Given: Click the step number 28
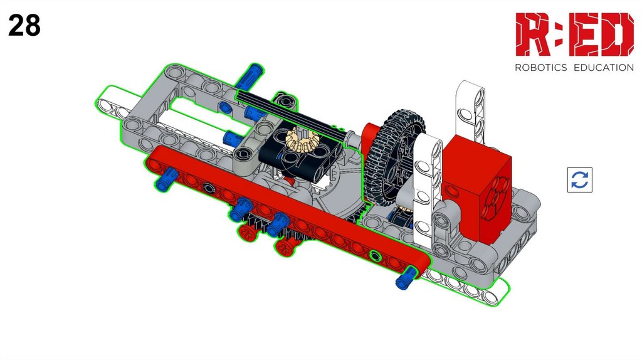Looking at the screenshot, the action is pyautogui.click(x=24, y=25).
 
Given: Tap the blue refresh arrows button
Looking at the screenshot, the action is pyautogui.click(x=579, y=179).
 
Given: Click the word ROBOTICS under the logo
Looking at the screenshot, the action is pyautogui.click(x=540, y=68).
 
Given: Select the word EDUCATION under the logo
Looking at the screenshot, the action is pyautogui.click(x=604, y=68).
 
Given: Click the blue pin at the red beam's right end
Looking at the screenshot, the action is pyautogui.click(x=406, y=278).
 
